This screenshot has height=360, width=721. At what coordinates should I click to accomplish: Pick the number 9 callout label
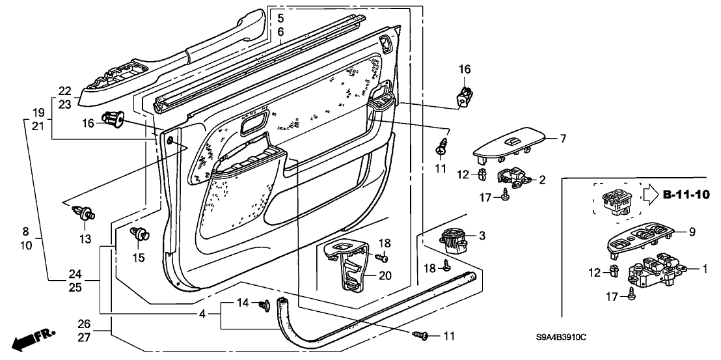coord(692,230)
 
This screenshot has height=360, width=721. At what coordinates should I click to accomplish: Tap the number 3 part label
coord(482,235)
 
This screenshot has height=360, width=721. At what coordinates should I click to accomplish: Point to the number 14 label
coord(242,302)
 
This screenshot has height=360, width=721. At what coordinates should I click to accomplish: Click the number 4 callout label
coord(202,314)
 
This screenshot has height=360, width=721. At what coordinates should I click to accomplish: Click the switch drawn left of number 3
coord(454,240)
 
